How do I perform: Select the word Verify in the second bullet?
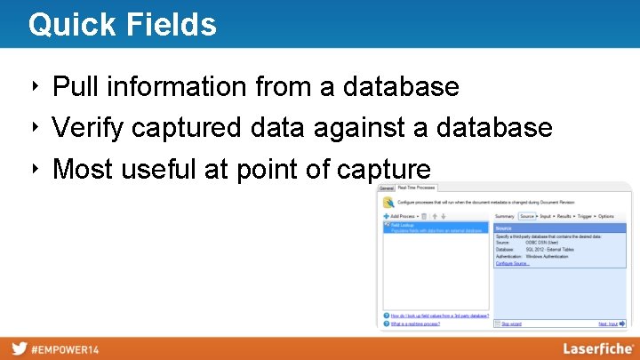[88, 128]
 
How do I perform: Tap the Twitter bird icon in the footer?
[19, 348]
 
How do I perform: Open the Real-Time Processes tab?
[418, 188]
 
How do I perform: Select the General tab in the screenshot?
[387, 188]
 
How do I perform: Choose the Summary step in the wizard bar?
[504, 216]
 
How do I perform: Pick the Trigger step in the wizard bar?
[585, 216]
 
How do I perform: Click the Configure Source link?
[512, 264]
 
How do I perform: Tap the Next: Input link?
[608, 324]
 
